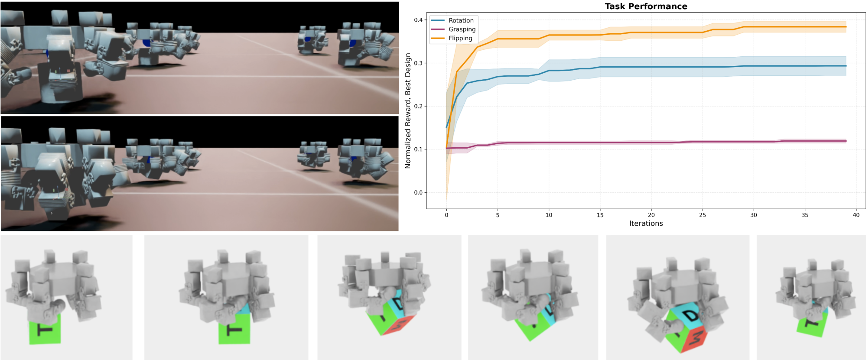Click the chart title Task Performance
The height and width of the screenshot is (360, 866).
click(x=646, y=6)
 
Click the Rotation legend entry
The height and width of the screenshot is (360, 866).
click(x=453, y=20)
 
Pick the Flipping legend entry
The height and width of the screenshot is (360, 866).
click(x=452, y=38)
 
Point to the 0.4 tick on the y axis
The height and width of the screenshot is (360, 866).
click(x=418, y=20)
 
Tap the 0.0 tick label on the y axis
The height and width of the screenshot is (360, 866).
click(x=418, y=192)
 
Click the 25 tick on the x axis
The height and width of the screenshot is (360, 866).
click(x=703, y=215)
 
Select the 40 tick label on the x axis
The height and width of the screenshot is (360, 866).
click(x=856, y=215)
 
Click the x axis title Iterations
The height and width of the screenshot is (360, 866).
click(x=646, y=224)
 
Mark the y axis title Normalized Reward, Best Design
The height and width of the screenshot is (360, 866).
click(x=408, y=111)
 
